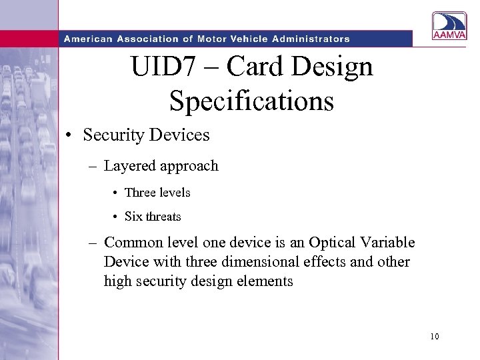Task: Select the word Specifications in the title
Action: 251,101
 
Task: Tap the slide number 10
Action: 435,337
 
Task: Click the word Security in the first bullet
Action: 114,135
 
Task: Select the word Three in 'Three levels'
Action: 139,193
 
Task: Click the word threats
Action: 163,217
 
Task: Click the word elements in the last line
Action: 266,281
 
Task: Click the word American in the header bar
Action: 89,39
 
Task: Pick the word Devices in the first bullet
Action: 179,135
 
